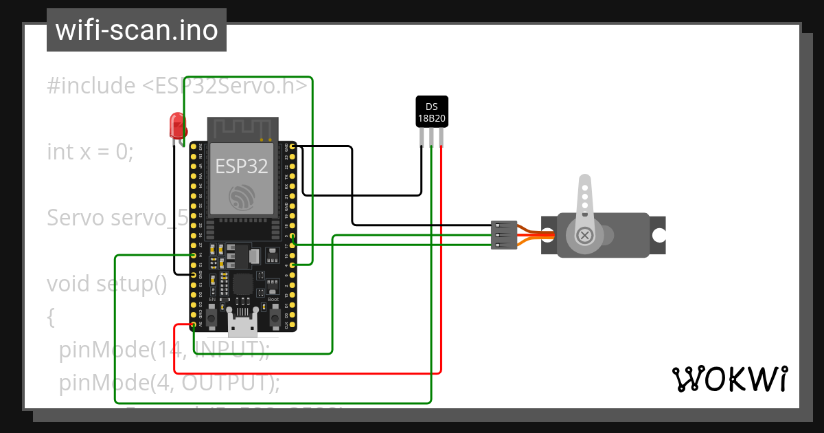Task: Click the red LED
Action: (x=178, y=126)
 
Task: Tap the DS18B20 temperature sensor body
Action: (x=432, y=111)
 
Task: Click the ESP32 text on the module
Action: (x=241, y=166)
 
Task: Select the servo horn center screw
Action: (x=585, y=236)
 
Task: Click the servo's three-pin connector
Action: (x=504, y=235)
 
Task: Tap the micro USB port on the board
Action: (x=243, y=324)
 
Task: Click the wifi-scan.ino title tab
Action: (x=136, y=30)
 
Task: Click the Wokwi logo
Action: (x=729, y=379)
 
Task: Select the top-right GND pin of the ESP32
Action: (x=293, y=146)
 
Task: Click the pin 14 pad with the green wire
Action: (x=194, y=255)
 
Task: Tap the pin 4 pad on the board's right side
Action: (x=293, y=265)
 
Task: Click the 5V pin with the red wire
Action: (x=194, y=324)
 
